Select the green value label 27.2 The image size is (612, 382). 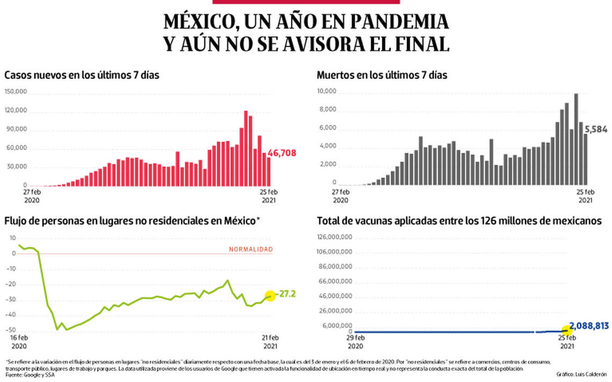pos(286,294)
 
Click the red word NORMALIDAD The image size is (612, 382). pos(251,249)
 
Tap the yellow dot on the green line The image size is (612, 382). pos(269,295)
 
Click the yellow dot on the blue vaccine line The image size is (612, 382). pos(566,330)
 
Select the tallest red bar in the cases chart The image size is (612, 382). pos(246,148)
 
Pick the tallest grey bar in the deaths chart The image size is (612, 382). pos(576,139)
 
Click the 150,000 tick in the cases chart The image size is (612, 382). pos(16,92)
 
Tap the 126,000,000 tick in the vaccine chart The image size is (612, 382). pos(334,237)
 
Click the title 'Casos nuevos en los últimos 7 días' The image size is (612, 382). pos(82,75)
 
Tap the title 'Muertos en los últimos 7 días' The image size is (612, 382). pos(382,75)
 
